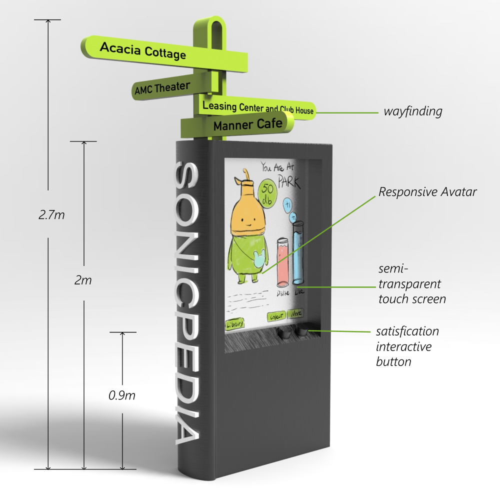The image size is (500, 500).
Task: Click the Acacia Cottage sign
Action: pos(143,50)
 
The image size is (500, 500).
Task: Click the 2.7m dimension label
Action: pos(51,214)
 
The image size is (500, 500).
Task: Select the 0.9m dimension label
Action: pos(122,395)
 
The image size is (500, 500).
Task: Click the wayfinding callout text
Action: pos(412,111)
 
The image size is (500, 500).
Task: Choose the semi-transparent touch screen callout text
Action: pos(411,285)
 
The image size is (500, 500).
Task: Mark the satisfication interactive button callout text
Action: pos(407,346)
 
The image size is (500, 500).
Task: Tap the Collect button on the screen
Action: pos(276,316)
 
